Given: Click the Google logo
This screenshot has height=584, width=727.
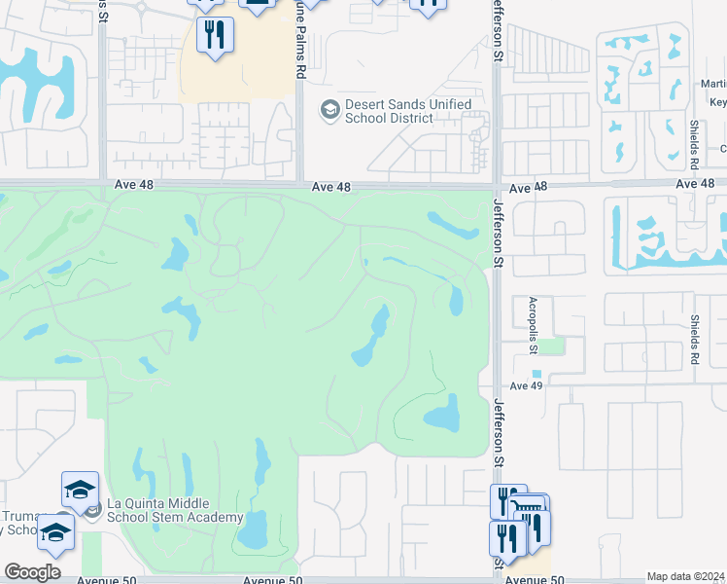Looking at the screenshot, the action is (32, 572).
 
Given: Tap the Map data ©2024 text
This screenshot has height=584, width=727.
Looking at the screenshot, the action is (685, 576).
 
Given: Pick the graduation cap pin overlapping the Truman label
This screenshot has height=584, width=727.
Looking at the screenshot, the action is (55, 533).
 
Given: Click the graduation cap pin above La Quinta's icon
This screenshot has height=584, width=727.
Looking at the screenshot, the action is (81, 490).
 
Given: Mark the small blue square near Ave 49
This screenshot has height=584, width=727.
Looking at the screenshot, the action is (537, 374).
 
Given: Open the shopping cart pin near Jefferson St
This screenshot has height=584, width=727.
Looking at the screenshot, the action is (528, 513).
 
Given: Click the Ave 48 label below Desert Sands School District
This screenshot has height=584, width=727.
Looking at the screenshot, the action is (330, 186).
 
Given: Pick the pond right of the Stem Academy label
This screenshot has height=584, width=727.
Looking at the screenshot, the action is (253, 531).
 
